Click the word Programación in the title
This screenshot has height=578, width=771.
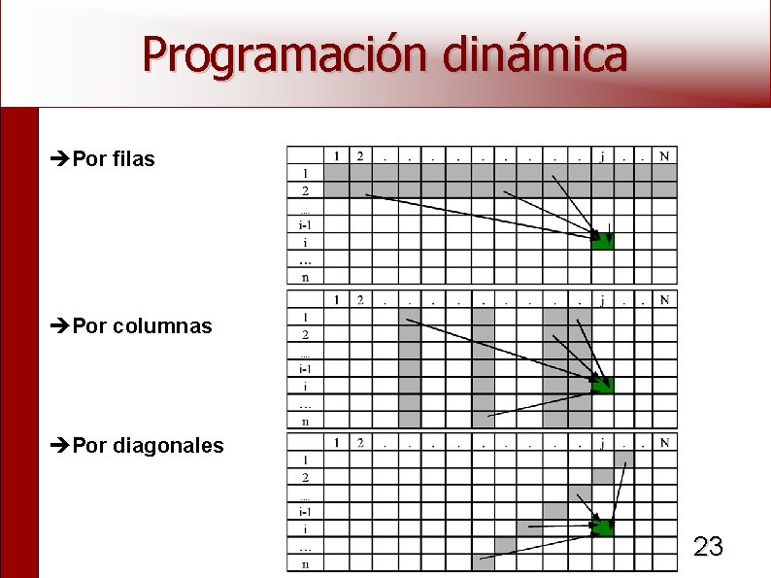tap(283, 54)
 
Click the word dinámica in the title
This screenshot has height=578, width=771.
tap(534, 54)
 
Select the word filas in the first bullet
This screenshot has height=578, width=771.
tap(133, 159)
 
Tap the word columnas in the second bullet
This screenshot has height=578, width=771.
tap(162, 326)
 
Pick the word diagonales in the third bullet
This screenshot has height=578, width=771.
tap(168, 446)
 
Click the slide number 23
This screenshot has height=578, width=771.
tap(708, 547)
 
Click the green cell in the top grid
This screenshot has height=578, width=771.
tap(603, 241)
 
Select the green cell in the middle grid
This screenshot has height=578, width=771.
tap(603, 386)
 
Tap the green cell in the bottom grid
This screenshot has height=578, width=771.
tap(603, 528)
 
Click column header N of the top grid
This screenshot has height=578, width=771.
tap(664, 155)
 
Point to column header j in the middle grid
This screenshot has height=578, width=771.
tap(603, 299)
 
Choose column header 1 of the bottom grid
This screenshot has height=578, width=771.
tap(336, 443)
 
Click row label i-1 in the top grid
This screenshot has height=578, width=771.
tap(305, 224)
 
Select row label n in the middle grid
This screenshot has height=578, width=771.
tap(305, 421)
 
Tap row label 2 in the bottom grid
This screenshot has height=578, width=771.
tap(305, 477)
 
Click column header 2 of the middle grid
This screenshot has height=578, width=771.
tap(359, 299)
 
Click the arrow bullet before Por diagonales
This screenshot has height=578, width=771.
tap(59, 447)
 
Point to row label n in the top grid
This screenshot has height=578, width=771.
tap(305, 277)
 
